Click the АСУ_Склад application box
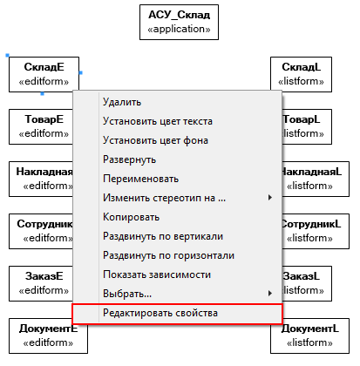tap(179, 22)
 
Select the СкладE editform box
tap(44, 74)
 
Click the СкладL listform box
tap(301, 74)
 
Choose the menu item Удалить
tap(122, 102)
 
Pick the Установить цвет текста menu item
tap(158, 121)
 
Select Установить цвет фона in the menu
tap(155, 140)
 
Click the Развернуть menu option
tap(129, 159)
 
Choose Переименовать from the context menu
tap(140, 179)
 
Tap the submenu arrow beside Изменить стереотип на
tap(270, 198)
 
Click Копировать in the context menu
tap(131, 217)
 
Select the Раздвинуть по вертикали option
tap(163, 236)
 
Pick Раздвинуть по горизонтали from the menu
tap(168, 255)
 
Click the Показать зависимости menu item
tap(157, 274)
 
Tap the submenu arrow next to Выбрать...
tap(270, 294)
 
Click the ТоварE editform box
tap(41, 126)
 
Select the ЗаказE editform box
tap(41, 283)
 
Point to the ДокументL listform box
tap(309, 335)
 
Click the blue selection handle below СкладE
tap(43, 93)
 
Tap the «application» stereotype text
tap(179, 29)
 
